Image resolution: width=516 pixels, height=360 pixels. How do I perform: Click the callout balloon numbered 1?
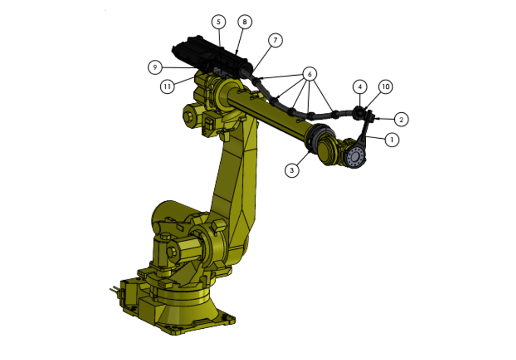click(x=392, y=140)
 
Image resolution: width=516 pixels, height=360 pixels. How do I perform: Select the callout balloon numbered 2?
click(x=401, y=120)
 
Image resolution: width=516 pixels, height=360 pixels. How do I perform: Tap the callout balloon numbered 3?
click(x=292, y=170)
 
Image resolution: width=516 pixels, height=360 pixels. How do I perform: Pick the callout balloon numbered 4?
click(x=360, y=87)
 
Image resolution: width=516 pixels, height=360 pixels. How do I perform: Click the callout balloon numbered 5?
click(x=219, y=22)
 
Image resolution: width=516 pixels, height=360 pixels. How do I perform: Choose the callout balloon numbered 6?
click(x=310, y=74)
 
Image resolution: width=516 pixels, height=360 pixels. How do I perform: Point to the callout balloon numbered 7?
click(x=275, y=40)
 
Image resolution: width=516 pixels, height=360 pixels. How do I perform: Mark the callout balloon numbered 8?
click(x=245, y=22)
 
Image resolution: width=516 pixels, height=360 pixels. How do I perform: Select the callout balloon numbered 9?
click(x=155, y=67)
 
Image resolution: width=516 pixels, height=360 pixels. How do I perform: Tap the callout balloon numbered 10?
click(x=385, y=87)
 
